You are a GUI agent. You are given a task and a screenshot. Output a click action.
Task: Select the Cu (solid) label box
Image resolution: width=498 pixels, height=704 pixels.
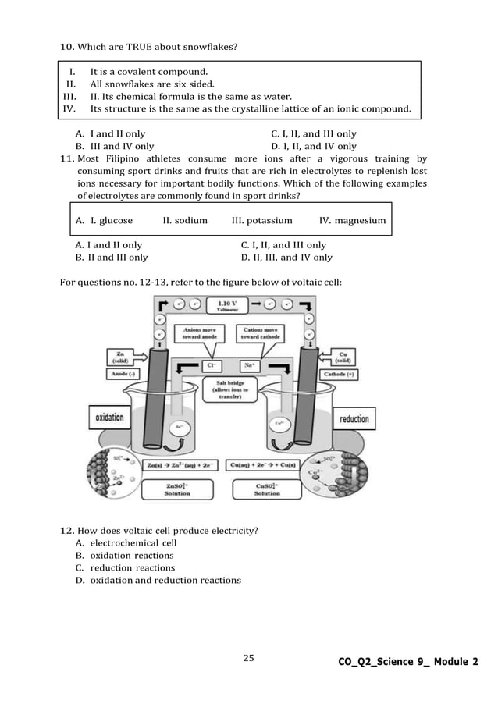(343, 357)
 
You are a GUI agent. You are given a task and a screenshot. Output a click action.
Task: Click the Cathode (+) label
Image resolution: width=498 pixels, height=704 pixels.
(342, 375)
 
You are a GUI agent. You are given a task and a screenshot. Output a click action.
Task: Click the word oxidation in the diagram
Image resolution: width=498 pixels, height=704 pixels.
(109, 418)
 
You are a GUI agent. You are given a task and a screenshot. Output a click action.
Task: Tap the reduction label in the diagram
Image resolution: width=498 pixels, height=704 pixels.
(354, 419)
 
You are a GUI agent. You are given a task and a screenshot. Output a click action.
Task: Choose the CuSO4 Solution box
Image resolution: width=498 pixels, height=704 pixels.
(267, 489)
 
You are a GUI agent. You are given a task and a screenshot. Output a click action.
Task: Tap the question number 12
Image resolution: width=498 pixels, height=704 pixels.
(67, 532)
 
